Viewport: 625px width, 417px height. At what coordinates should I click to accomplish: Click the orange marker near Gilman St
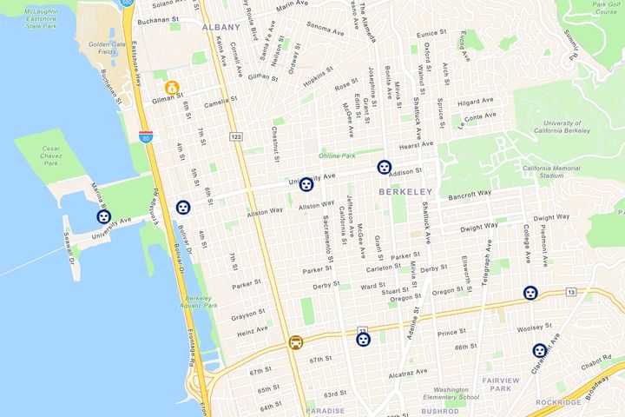point(173,88)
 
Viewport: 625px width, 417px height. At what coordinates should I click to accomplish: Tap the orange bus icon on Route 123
point(297,342)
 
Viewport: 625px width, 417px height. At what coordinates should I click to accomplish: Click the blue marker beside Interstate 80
point(182,208)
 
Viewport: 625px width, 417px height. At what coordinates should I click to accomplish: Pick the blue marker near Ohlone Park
point(306,184)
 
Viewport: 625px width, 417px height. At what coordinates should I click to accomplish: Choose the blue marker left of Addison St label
point(384,168)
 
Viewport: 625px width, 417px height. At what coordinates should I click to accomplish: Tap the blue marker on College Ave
point(530,294)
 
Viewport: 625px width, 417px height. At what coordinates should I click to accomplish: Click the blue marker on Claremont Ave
point(540,351)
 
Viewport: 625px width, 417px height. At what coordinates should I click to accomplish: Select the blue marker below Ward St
point(364,340)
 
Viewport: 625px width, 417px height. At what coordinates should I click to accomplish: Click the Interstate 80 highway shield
point(145,137)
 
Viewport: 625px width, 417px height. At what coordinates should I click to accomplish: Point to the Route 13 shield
point(570,293)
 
